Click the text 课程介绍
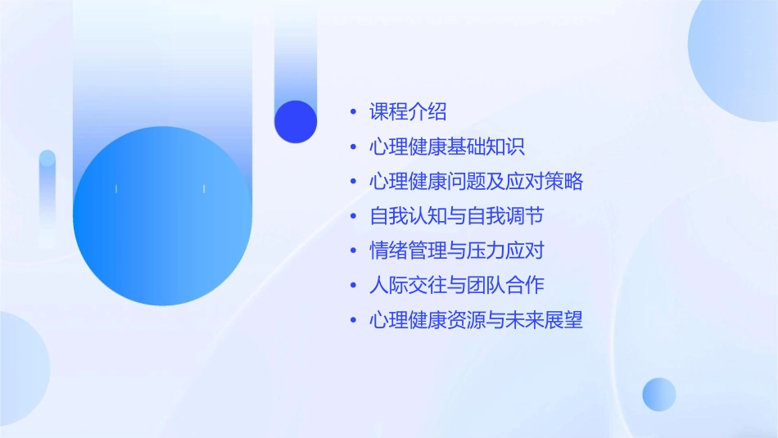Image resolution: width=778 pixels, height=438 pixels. pyautogui.click(x=408, y=112)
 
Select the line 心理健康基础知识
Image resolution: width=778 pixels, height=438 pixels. pyautogui.click(x=446, y=147)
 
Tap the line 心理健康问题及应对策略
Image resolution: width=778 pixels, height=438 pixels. pyautogui.click(x=476, y=181)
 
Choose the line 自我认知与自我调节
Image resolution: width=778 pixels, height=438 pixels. pyautogui.click(x=456, y=216)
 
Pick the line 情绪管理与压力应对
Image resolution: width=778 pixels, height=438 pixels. pyautogui.click(x=456, y=251)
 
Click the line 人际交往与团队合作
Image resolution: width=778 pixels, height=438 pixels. pyautogui.click(x=456, y=285)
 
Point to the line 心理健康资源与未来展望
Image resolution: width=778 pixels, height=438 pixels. pyautogui.click(x=476, y=320)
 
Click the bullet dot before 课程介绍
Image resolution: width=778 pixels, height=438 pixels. pyautogui.click(x=352, y=112)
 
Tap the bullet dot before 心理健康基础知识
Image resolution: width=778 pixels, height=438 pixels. pyautogui.click(x=352, y=147)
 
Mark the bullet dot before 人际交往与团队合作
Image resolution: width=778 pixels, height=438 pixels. pyautogui.click(x=352, y=286)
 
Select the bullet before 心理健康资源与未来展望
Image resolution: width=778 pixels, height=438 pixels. pyautogui.click(x=352, y=320)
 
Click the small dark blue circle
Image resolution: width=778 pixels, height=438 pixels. pyautogui.click(x=296, y=121)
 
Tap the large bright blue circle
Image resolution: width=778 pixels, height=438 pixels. pyautogui.click(x=162, y=216)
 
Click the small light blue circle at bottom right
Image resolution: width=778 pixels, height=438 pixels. pyautogui.click(x=659, y=394)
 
